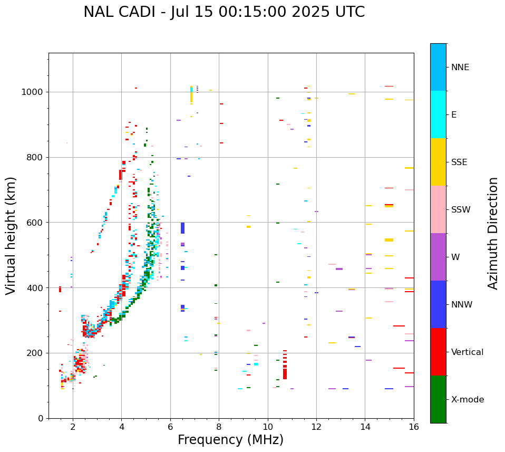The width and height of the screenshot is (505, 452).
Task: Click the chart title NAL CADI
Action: [224, 12]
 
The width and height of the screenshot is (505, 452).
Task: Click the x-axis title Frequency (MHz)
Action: [230, 440]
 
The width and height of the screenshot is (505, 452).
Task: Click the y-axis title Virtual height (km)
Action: [11, 236]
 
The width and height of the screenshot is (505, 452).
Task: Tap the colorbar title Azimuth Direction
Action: [493, 233]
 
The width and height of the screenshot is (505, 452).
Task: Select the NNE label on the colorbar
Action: [460, 68]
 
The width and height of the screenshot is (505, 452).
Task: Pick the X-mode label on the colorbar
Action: [468, 400]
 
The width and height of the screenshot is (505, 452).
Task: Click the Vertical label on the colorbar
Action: [467, 352]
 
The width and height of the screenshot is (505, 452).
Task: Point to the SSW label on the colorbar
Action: [461, 210]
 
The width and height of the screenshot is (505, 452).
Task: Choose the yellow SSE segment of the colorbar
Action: [438, 162]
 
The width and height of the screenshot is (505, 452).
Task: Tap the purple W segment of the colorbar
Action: [438, 257]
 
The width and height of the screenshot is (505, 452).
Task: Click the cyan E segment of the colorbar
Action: [438, 114]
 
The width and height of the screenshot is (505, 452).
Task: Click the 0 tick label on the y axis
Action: [41, 418]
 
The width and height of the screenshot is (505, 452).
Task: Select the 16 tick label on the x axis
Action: [414, 427]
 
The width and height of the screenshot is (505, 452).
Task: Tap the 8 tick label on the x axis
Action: [219, 427]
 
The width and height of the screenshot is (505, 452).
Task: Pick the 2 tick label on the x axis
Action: [73, 427]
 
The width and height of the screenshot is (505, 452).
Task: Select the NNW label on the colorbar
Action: [462, 305]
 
